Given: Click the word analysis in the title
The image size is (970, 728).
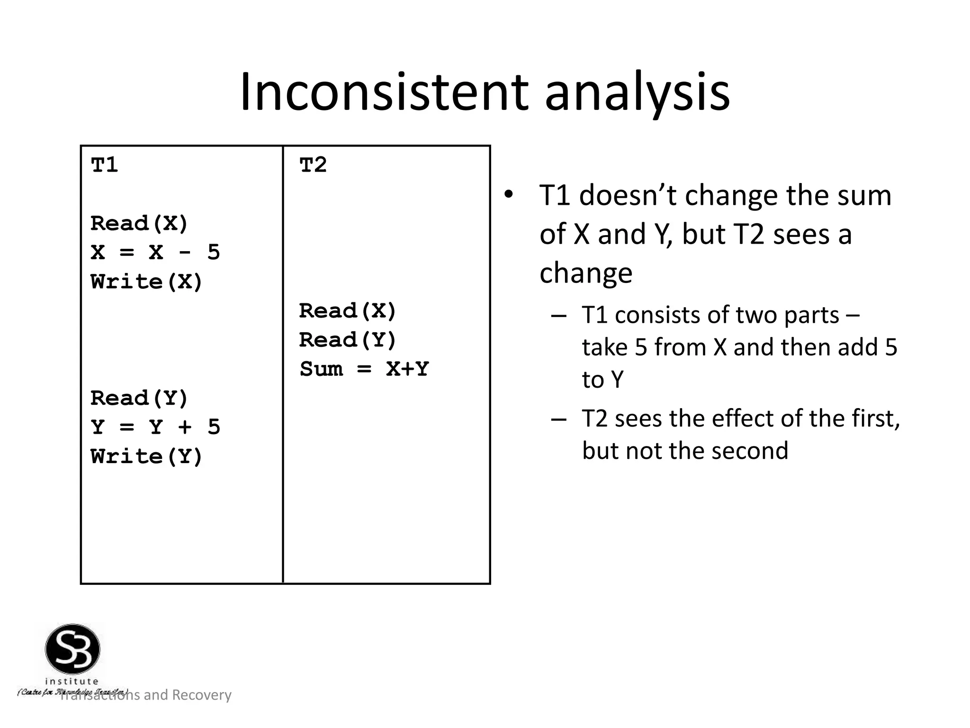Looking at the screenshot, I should click(x=637, y=92).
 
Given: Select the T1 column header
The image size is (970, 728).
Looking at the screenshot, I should click(x=104, y=165).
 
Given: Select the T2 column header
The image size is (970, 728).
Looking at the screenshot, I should click(x=313, y=165).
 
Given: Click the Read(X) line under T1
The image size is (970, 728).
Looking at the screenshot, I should click(x=139, y=224).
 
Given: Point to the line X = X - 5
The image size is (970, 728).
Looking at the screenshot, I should click(x=155, y=253).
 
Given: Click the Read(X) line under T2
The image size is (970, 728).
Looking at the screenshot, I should click(x=348, y=311).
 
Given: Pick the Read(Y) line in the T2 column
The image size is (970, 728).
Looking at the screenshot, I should click(x=348, y=340).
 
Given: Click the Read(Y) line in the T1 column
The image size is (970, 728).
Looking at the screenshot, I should click(x=139, y=399).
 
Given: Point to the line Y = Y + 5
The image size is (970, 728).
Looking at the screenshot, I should click(x=155, y=428).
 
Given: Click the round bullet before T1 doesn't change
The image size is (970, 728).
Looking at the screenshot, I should click(x=508, y=195).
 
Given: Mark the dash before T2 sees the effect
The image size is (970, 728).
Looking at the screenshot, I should click(x=559, y=419).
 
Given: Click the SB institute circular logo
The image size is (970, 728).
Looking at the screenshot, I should click(x=72, y=649).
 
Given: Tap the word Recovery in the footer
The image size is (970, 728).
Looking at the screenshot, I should click(x=201, y=695).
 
